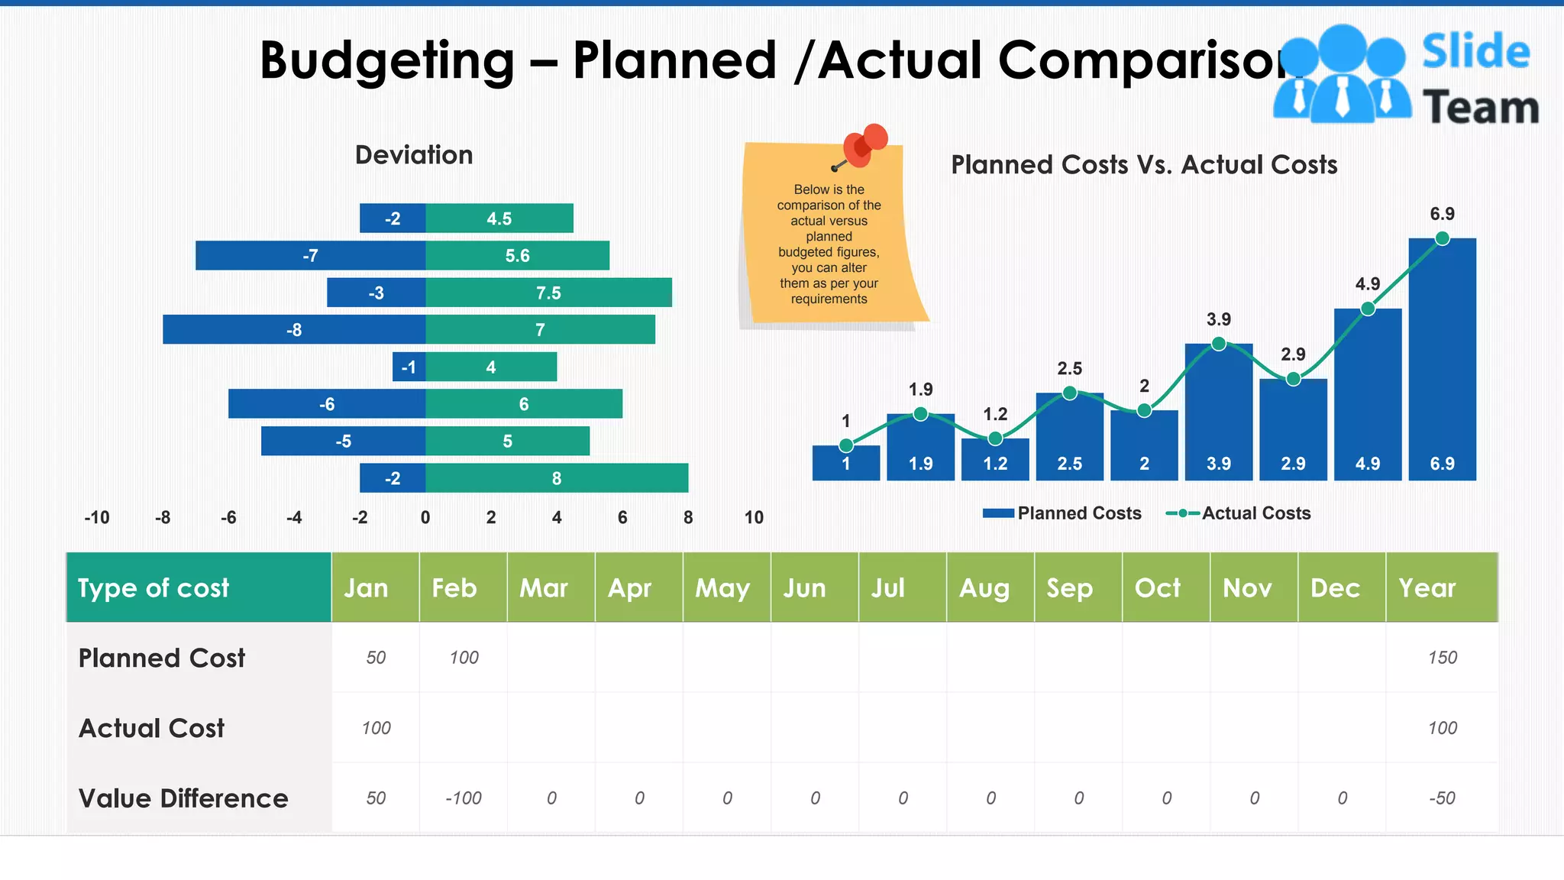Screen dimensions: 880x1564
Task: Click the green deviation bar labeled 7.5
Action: [x=548, y=293]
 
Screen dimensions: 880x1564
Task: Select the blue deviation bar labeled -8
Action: [x=294, y=329]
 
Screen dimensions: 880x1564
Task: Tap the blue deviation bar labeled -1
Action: [x=409, y=367]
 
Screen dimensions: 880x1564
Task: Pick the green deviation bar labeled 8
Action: [x=557, y=478]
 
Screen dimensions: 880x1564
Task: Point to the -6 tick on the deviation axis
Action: [x=228, y=517]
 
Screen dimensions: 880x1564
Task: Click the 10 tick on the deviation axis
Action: [x=754, y=517]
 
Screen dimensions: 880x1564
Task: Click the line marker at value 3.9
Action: [x=1219, y=344]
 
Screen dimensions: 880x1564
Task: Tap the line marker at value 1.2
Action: [x=995, y=438]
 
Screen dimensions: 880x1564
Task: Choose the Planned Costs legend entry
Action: [x=1062, y=513]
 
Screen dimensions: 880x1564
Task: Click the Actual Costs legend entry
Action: [x=1239, y=513]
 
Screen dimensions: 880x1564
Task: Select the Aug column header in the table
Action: [x=984, y=587]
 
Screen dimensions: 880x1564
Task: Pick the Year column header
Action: [x=1427, y=587]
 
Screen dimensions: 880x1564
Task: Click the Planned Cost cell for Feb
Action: [x=464, y=658]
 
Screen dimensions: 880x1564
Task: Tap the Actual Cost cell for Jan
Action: [x=376, y=728]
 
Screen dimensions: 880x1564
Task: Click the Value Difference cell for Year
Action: [x=1442, y=798]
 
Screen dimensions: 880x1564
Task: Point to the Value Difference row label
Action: [x=183, y=798]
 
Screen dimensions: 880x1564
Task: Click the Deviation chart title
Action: [x=414, y=155]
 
